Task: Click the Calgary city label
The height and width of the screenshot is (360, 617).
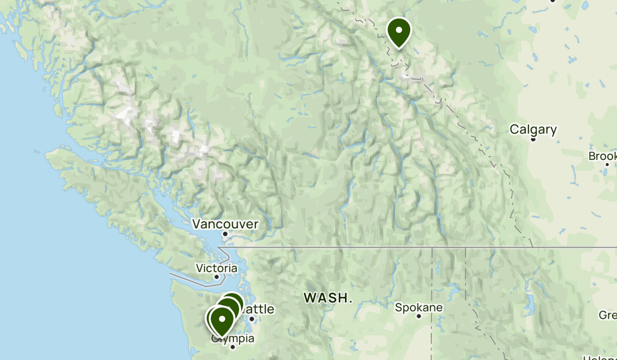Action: [533, 129]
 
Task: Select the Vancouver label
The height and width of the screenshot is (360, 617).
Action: [225, 224]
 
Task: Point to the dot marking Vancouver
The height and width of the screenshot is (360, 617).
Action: [225, 234]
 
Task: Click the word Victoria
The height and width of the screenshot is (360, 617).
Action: [216, 268]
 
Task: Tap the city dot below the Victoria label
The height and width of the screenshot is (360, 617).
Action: [216, 277]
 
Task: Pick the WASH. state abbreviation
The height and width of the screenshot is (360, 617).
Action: [328, 297]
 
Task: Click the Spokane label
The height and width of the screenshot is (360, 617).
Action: [419, 308]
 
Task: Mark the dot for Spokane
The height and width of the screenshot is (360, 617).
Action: [419, 316]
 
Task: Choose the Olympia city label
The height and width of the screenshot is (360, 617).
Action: [234, 339]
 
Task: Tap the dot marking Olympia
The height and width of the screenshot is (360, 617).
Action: [232, 347]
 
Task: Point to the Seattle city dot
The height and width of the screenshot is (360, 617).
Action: [252, 319]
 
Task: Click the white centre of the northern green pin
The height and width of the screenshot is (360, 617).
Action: [398, 29]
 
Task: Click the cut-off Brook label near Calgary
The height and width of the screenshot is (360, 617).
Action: [603, 156]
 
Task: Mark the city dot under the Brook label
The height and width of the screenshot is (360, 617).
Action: [607, 165]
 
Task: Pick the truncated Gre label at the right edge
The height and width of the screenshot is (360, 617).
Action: [608, 315]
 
